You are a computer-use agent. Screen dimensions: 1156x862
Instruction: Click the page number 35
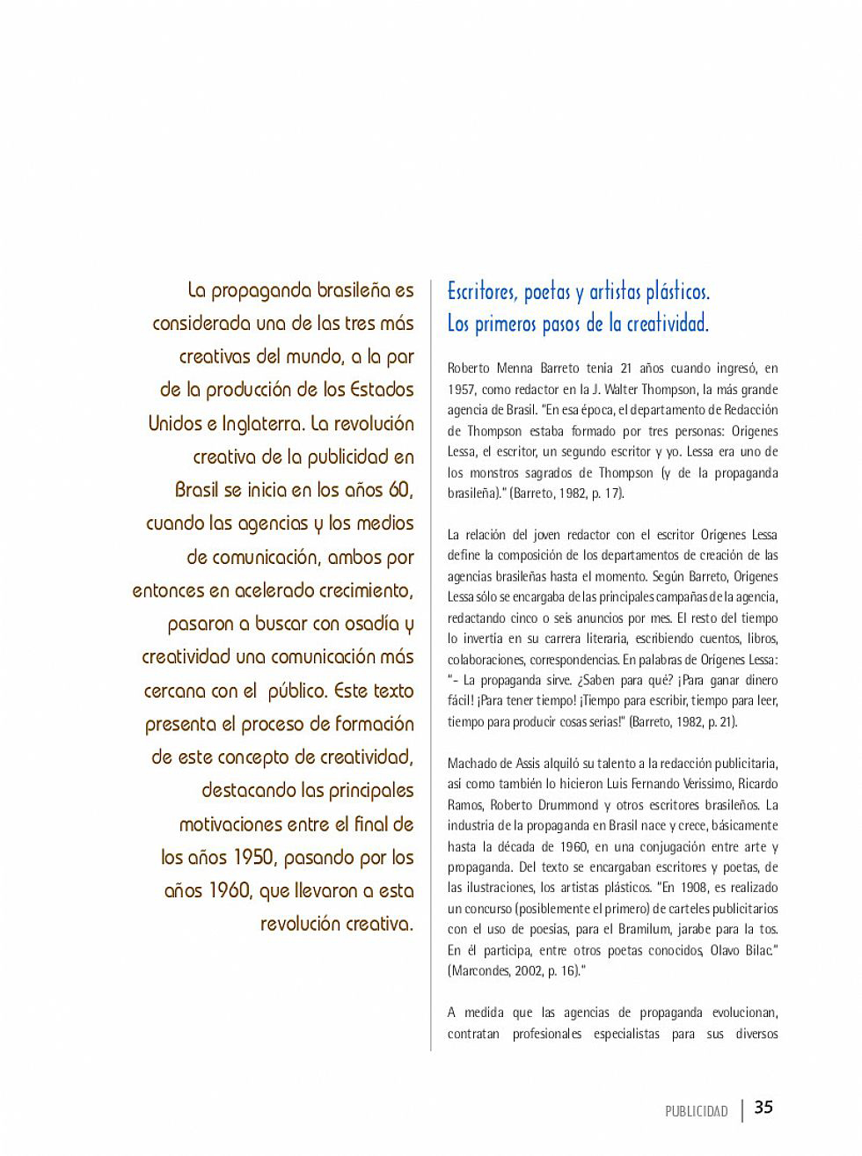763,1108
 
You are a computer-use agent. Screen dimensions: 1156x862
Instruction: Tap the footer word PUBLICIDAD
697,1112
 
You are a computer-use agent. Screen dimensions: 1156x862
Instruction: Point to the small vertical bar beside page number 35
742,1110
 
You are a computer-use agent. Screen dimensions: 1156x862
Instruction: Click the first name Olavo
727,950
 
